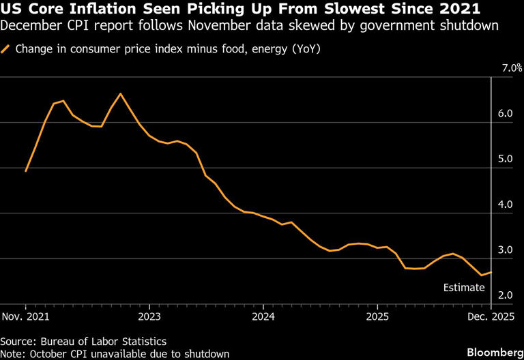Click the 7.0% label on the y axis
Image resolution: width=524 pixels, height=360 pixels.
(x=512, y=69)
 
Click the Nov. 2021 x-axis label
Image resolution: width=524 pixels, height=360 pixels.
(x=26, y=317)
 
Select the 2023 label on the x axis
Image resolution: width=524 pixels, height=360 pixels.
(x=149, y=317)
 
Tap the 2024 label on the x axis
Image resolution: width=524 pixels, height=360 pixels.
(x=263, y=317)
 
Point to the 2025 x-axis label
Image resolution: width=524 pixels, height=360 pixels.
(x=377, y=317)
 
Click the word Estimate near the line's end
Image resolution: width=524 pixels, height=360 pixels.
(x=464, y=288)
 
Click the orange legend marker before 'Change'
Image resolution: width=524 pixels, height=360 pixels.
(x=6, y=49)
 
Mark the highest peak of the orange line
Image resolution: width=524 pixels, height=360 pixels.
(x=121, y=93)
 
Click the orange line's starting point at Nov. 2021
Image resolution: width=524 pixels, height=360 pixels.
(x=25, y=171)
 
